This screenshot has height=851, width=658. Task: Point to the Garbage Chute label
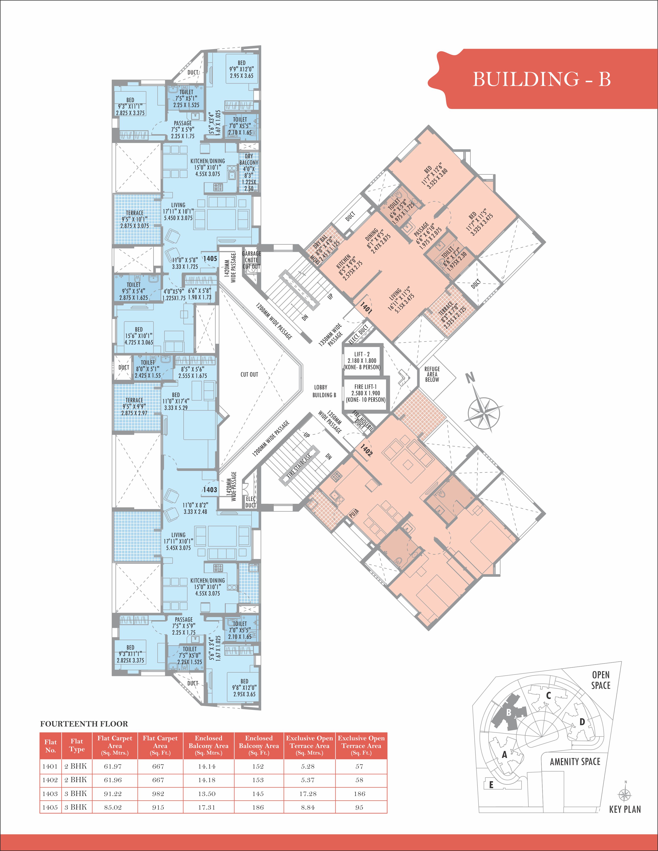tap(251, 257)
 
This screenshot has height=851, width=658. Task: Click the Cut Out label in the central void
tap(249, 374)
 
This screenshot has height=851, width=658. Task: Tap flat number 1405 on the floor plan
tap(210, 258)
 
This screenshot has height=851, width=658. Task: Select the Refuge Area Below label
tap(432, 374)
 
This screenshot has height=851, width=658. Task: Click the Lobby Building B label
tap(324, 391)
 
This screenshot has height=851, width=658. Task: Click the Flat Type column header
tap(77, 745)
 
